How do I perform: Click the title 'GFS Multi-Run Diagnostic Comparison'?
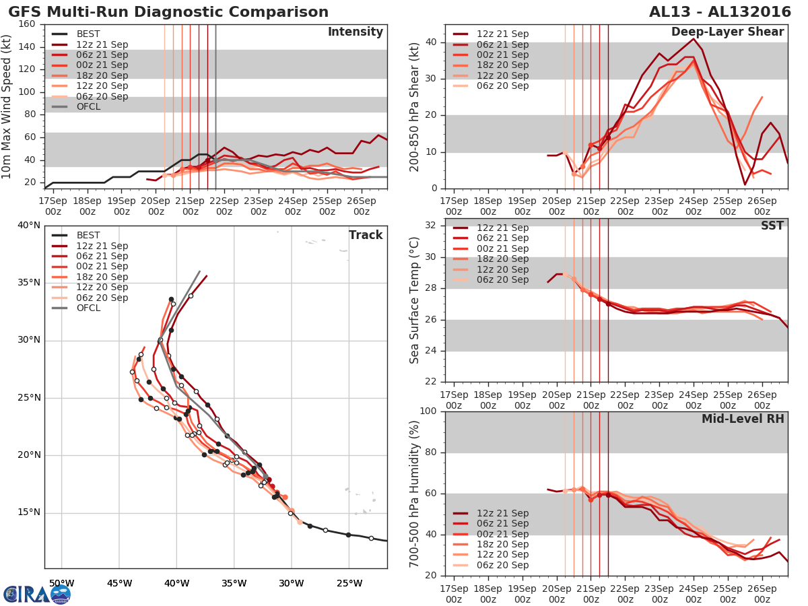[x=168, y=12]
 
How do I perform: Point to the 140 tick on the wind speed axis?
[x=28, y=46]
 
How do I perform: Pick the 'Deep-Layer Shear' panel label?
[x=727, y=32]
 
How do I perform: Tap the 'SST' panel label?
[x=773, y=226]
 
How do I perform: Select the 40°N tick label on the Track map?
[x=29, y=225]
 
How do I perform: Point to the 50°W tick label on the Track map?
[x=61, y=582]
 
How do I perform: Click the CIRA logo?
[x=37, y=593]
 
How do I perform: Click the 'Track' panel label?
[x=366, y=235]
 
